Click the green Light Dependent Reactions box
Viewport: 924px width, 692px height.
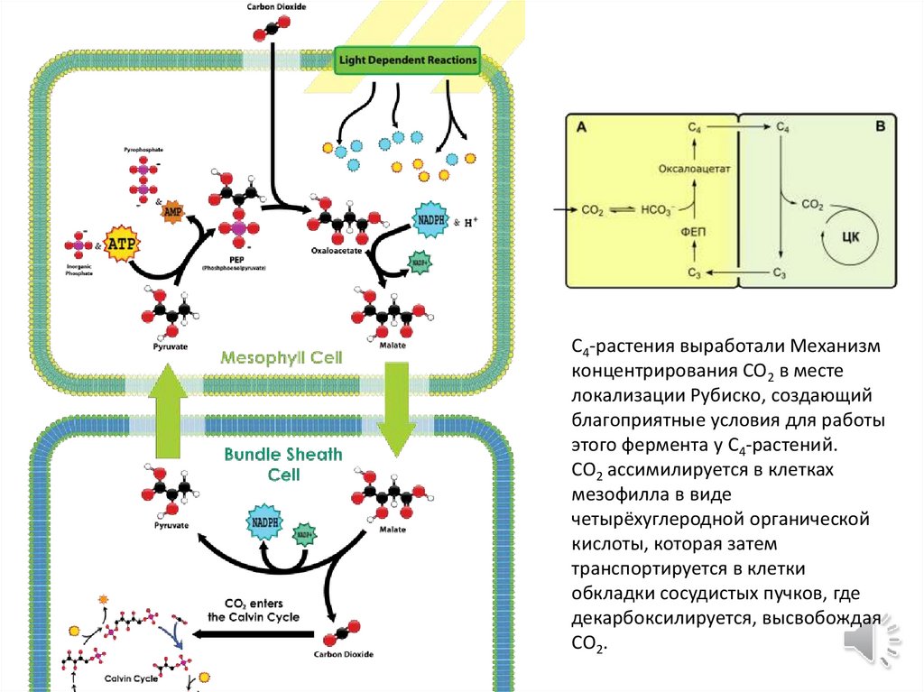click(x=408, y=61)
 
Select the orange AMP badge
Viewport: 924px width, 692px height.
click(x=173, y=211)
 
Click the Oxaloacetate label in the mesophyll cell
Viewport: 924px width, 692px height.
click(x=336, y=251)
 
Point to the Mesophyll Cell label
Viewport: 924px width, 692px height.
click(x=282, y=357)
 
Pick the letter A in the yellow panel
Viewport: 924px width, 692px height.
click(x=582, y=128)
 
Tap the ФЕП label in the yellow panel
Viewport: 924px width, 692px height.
click(x=693, y=232)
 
